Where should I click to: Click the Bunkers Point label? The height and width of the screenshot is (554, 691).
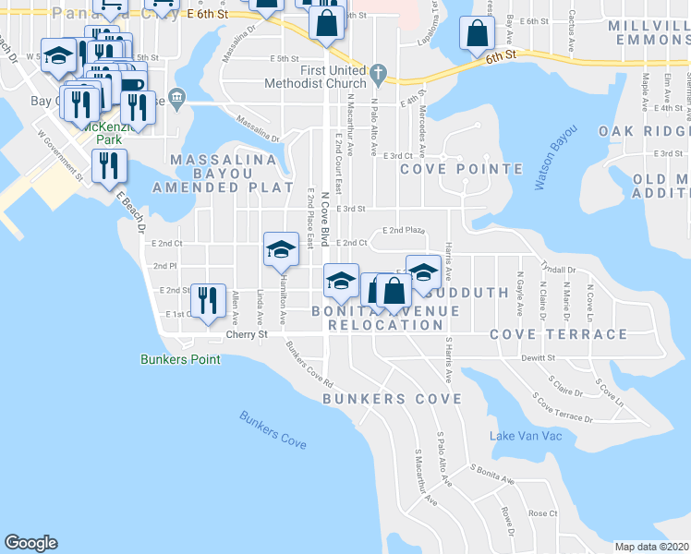click(180, 359)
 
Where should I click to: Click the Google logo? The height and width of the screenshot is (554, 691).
click(30, 543)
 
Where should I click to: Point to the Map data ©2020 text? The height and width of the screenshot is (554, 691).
click(651, 547)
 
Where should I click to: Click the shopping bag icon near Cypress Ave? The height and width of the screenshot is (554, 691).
click(475, 33)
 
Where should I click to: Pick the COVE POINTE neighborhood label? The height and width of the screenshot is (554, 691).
click(445, 168)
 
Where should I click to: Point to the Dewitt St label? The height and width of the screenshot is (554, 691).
click(536, 356)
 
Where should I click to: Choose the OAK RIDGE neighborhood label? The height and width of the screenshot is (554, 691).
click(643, 131)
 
